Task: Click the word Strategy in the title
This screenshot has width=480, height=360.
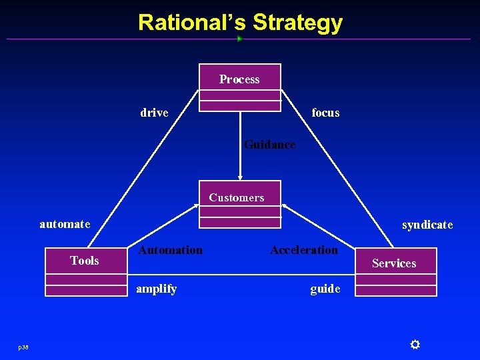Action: coord(297,23)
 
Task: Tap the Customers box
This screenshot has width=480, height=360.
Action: coord(241,204)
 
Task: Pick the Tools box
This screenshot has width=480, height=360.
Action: coord(85,271)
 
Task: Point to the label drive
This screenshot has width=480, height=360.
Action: coord(154,113)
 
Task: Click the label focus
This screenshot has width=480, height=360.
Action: coord(325,113)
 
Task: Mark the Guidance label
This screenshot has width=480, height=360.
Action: coord(269,144)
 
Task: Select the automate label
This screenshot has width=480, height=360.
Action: coord(65,224)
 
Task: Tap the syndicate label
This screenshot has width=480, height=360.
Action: coord(427,225)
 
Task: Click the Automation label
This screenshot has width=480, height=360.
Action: coord(170,250)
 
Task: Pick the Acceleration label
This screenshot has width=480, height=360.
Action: coord(304,250)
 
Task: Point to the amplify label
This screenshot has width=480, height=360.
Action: coord(156,289)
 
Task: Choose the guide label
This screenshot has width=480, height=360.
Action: coord(325,289)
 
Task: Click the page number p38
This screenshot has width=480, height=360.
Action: coord(23,347)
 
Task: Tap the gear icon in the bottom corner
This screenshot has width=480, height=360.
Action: coord(415,344)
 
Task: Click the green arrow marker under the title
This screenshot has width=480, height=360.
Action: coord(239,39)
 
